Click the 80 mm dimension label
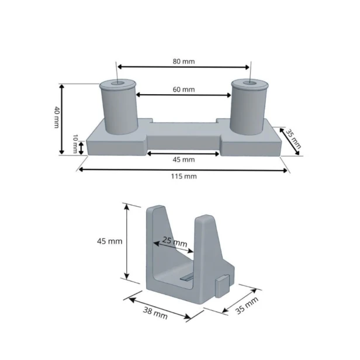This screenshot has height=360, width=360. [x=184, y=61]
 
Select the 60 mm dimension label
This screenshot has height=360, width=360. [x=184, y=89]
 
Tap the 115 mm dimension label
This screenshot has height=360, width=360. [x=184, y=176]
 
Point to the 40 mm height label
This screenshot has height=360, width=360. [x=57, y=117]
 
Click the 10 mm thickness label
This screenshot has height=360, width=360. [x=75, y=144]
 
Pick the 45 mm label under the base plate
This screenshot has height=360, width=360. [x=184, y=160]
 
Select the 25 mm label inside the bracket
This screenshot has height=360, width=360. [x=175, y=241]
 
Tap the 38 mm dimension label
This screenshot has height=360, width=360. [x=155, y=313]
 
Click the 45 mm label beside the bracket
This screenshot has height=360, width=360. [x=109, y=241]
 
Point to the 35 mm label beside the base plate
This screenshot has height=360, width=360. [x=293, y=139]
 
